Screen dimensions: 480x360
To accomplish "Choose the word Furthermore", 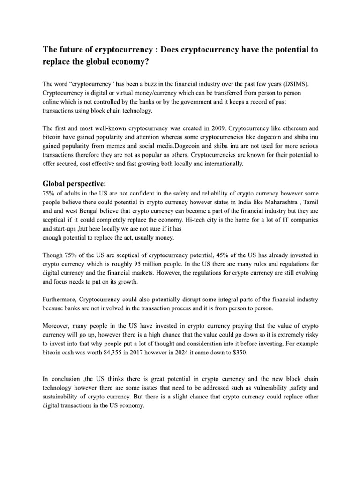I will (60, 299).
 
